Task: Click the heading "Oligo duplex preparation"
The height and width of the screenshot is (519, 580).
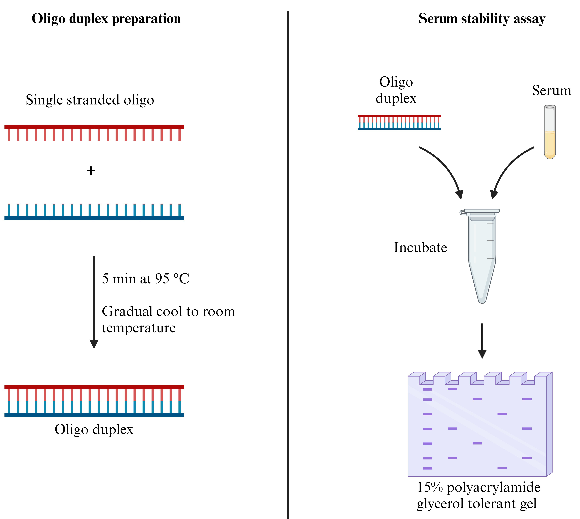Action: click(x=106, y=19)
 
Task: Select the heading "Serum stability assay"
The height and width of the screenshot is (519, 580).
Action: click(x=482, y=19)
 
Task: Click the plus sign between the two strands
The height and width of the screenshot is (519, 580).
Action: click(x=91, y=171)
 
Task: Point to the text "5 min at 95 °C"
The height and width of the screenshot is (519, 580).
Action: click(x=145, y=279)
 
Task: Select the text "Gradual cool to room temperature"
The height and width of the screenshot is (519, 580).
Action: click(x=168, y=319)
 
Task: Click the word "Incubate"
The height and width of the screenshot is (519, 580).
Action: click(x=420, y=248)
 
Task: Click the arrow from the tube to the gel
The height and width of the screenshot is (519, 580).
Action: click(x=482, y=341)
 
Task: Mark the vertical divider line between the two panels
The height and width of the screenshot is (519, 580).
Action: click(x=288, y=257)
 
